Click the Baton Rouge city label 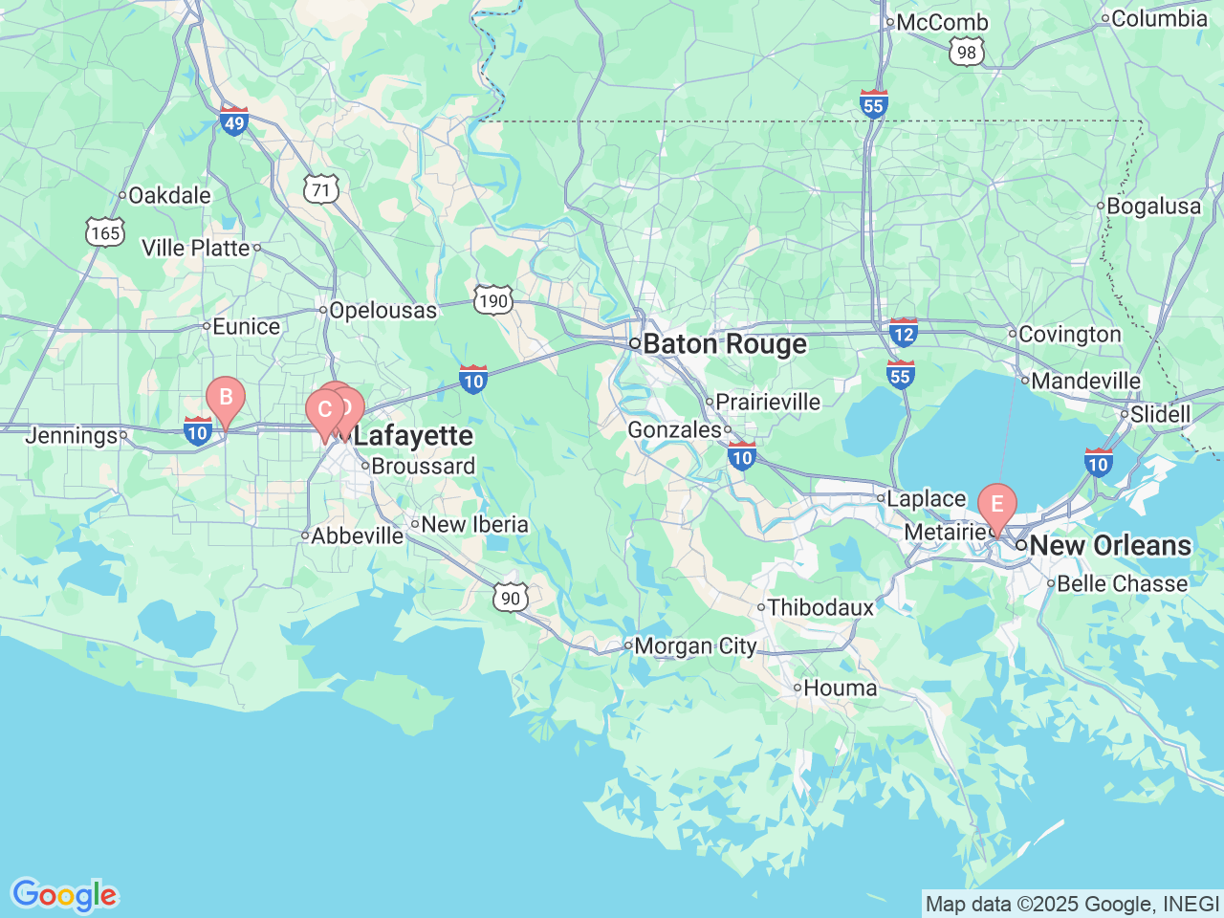click(x=724, y=344)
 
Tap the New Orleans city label click(x=1109, y=546)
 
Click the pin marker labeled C click(x=323, y=411)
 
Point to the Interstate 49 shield click(x=234, y=120)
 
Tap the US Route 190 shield click(x=493, y=301)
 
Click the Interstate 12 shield click(x=903, y=332)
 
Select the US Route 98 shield click(x=967, y=52)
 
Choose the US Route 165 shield click(x=104, y=232)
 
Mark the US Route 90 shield click(x=511, y=598)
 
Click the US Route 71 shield click(x=321, y=189)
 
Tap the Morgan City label click(x=694, y=646)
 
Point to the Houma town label click(x=840, y=688)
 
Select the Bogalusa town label click(x=1152, y=207)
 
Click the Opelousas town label click(x=382, y=311)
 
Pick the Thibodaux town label click(x=820, y=607)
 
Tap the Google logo click(x=64, y=896)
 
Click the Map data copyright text click(x=1072, y=904)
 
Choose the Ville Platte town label click(x=195, y=249)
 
